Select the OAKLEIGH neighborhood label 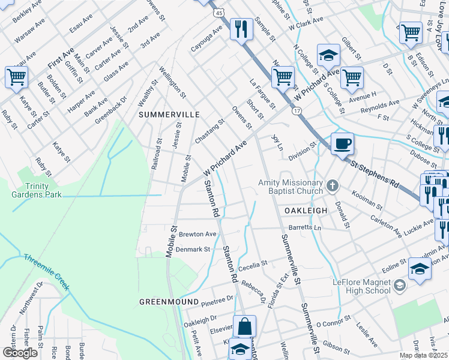(x=306, y=211)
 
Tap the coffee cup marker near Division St (x=342, y=144)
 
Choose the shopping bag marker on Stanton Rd (x=244, y=327)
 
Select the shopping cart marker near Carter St (x=16, y=77)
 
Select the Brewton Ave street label (x=197, y=234)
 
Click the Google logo (x=20, y=353)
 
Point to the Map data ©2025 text (x=423, y=355)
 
